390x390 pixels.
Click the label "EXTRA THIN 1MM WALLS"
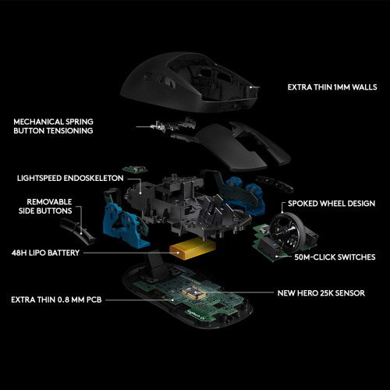332,87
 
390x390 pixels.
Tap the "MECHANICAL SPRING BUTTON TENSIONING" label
53,126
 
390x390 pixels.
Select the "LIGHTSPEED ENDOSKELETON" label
70,179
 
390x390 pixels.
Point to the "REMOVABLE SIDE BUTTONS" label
45,207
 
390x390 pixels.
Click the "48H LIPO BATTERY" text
45,253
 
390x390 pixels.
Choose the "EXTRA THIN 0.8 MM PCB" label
56,300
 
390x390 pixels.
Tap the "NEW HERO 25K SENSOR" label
321,293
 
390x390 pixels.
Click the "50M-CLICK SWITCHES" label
335,257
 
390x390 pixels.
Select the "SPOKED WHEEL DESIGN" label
331,204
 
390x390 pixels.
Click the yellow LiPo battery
193,250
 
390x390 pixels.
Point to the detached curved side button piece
77,232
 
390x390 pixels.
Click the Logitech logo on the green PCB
194,314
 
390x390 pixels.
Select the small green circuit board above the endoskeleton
135,169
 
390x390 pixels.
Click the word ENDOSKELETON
94,179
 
